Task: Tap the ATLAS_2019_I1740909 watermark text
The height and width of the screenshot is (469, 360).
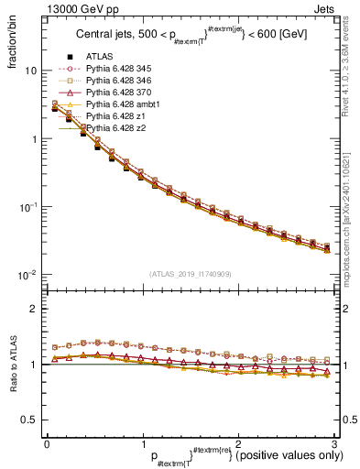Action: coord(191,274)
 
